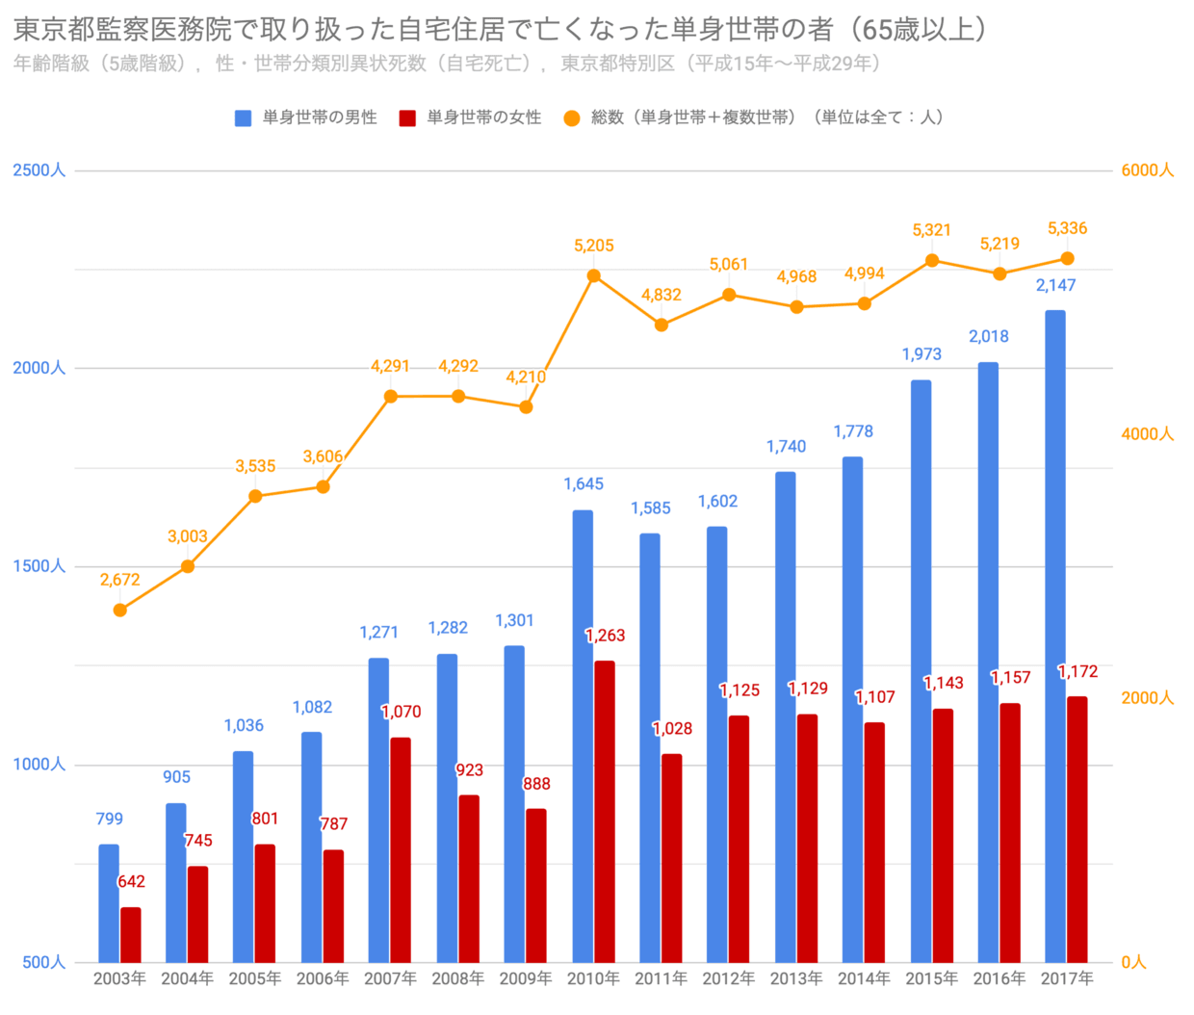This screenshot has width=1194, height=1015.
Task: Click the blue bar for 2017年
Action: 1055,636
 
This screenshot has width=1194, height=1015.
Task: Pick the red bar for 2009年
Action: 536,885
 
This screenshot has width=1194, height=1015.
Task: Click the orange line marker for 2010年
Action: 594,276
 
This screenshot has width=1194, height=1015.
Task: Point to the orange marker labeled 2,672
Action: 120,611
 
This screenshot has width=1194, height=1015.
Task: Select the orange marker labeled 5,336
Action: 1067,259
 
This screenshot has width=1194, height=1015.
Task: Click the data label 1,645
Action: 584,484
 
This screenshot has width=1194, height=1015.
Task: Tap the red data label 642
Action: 131,882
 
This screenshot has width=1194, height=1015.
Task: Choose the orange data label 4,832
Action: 662,296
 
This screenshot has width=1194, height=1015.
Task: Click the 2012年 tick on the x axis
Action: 729,979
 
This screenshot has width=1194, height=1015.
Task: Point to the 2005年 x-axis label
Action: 255,979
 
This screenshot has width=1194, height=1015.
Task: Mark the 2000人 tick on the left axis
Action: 39,369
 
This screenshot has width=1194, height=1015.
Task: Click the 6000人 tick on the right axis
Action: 1147,170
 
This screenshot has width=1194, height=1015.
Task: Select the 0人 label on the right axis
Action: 1134,962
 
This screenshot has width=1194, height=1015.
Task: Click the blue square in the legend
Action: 244,117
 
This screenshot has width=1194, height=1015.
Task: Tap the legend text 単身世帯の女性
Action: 484,117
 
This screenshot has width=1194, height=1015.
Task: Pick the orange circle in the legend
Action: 572,117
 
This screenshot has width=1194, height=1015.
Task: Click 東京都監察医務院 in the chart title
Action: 123,30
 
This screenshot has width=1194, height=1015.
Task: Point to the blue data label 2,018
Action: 989,337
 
